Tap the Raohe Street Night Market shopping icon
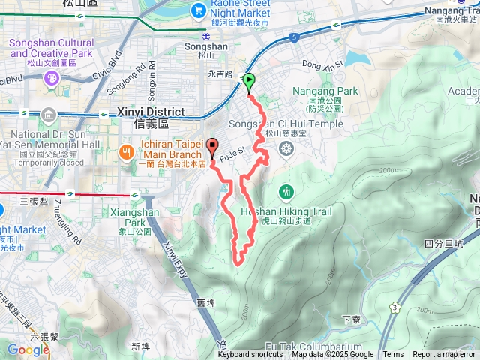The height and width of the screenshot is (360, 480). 198,9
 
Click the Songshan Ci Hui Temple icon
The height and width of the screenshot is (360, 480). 285,148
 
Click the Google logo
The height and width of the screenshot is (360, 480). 28,349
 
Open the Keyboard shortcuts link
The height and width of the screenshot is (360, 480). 250,355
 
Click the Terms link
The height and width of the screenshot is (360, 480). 393,355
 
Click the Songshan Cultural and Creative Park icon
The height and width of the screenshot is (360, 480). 51,79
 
